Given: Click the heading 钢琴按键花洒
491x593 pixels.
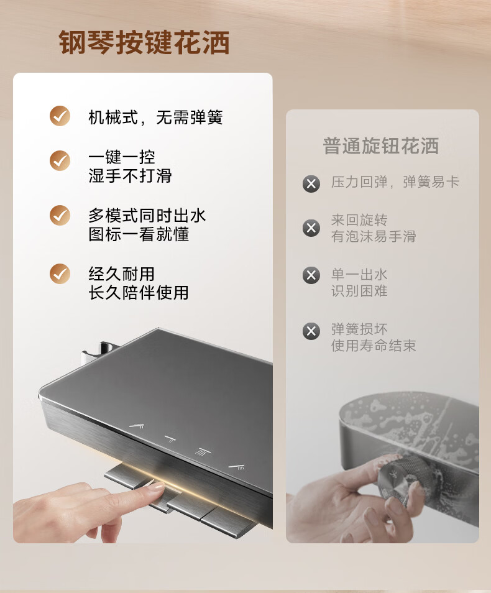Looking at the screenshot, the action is coord(144,42).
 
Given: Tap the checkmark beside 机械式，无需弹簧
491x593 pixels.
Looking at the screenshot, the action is coord(60,116).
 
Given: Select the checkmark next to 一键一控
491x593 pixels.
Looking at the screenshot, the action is coord(60,161).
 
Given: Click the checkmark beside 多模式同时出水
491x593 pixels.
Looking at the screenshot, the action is coord(60,215).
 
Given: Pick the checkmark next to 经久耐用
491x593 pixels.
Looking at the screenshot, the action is coord(60,274).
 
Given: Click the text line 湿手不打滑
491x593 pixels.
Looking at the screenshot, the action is coord(130,175).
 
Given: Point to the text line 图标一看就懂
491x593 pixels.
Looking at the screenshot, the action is coord(139,234).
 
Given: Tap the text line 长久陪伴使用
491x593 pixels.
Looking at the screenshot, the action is coord(139,292).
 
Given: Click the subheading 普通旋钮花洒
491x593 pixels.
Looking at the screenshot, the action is coord(381,146).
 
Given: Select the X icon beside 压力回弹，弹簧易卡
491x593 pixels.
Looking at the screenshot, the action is coord(311,184).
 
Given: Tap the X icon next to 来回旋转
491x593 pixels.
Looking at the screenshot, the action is coord(311,228).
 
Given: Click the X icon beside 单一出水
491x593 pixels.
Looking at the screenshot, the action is coord(311,275).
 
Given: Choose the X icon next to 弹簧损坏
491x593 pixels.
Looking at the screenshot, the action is coord(311,331).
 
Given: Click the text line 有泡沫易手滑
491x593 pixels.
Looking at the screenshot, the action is coord(374,236).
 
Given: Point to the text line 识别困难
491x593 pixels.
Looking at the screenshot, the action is coord(359,291).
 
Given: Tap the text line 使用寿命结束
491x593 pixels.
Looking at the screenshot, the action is coord(374,345).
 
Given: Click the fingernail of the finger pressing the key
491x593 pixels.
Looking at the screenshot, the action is coord(156,486).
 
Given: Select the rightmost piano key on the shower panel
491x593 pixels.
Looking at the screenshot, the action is coord(227,522).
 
